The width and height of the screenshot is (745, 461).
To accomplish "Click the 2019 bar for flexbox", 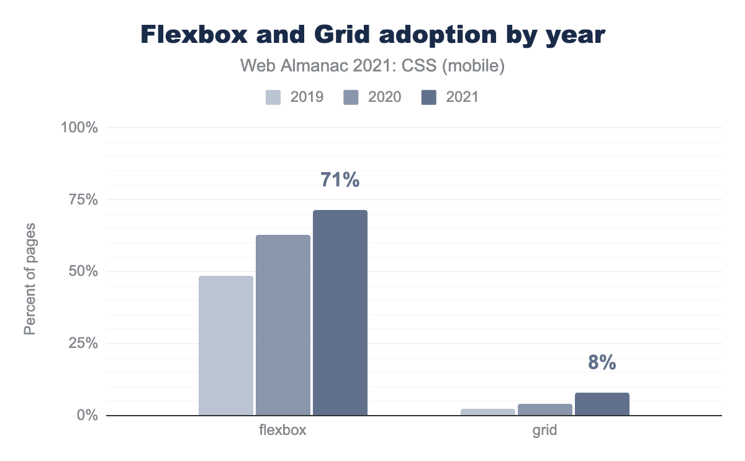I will [226, 345].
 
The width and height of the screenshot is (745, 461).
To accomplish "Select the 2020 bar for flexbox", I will [283, 325].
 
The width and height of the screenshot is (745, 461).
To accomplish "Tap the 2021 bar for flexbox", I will [340, 313].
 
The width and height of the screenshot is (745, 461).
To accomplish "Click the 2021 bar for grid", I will [602, 404].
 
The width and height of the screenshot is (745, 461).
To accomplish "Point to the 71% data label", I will [340, 180].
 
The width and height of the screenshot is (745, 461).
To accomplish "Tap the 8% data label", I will [602, 363].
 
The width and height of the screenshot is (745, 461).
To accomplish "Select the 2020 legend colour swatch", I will [351, 97].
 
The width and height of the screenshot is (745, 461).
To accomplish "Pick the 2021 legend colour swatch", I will [429, 97].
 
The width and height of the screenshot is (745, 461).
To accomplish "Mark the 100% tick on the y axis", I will [79, 128].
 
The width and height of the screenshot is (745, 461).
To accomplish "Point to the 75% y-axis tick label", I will [83, 199].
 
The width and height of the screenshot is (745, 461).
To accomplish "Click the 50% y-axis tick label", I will [83, 272].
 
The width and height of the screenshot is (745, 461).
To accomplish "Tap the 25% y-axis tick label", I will [83, 344].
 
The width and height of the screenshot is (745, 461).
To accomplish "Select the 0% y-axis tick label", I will [87, 415].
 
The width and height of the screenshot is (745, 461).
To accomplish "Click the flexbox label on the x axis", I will [283, 430].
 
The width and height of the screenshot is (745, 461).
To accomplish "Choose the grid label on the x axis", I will [545, 430].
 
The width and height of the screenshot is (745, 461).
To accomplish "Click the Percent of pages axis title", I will [30, 278].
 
